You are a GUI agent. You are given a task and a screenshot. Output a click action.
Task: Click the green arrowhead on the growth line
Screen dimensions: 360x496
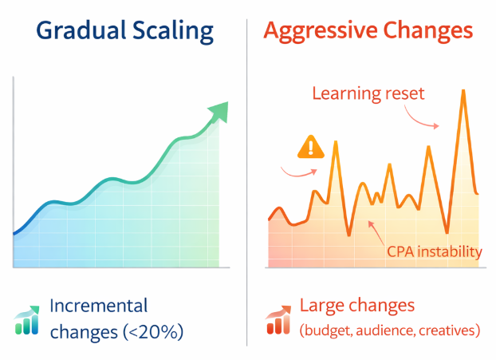click(x=218, y=111)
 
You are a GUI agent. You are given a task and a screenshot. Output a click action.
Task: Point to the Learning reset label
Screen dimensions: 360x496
click(x=368, y=95)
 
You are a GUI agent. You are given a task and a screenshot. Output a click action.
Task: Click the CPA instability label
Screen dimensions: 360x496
click(x=434, y=252)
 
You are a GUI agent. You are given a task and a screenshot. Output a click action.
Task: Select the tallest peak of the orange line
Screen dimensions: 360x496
click(x=463, y=91)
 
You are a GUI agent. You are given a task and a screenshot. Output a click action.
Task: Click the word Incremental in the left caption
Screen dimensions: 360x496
click(x=99, y=306)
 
